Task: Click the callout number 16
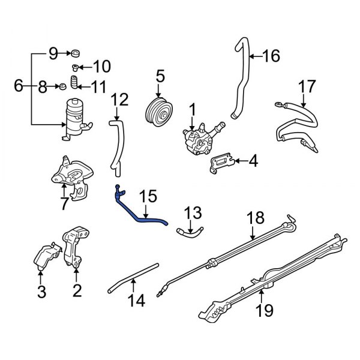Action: click(x=271, y=56)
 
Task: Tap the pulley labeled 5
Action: click(x=159, y=112)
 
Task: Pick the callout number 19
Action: click(x=265, y=310)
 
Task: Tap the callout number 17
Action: click(x=307, y=86)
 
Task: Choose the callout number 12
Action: click(x=120, y=99)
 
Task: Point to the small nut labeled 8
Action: click(x=62, y=88)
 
